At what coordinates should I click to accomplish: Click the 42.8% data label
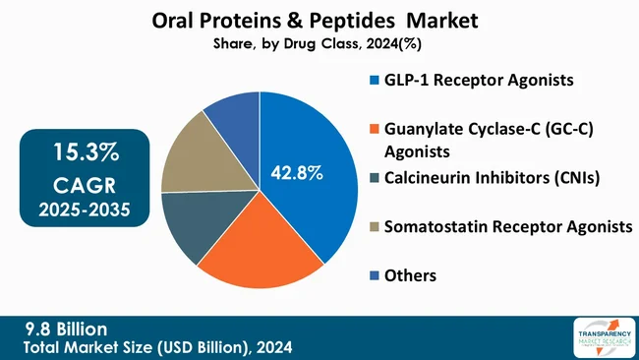298,173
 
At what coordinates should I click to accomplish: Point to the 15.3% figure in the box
76,153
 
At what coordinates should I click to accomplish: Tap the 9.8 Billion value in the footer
67,329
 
